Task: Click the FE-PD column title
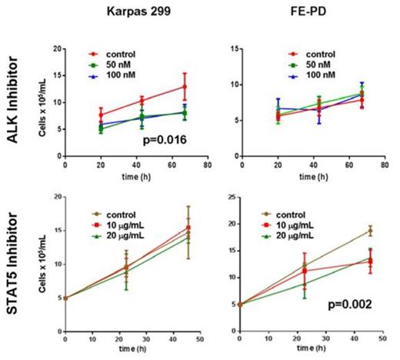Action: (305, 12)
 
